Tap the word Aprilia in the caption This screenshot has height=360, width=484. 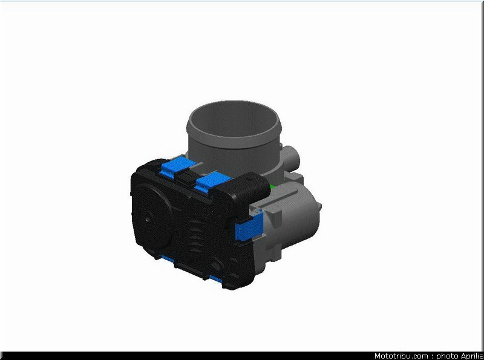click(473, 356)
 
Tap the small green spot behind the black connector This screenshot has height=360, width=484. click(273, 187)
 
